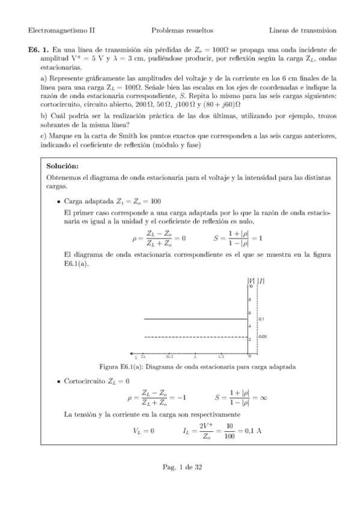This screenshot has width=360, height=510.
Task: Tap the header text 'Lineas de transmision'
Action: (x=303, y=29)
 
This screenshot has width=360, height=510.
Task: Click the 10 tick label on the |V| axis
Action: (x=250, y=287)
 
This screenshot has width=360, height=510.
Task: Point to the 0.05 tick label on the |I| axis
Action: (x=263, y=337)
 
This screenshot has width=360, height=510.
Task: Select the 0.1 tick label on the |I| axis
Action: (x=261, y=319)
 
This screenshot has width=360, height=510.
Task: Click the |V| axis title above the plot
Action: (x=250, y=280)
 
